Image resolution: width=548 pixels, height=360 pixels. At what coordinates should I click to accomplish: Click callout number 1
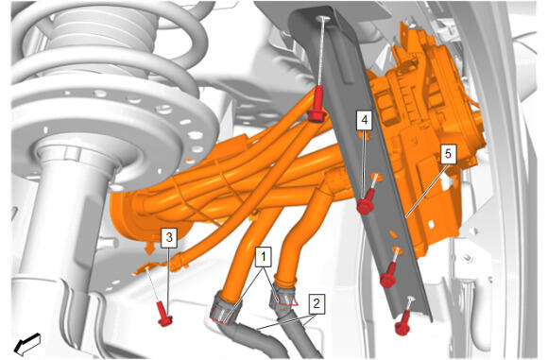click(x=264, y=257)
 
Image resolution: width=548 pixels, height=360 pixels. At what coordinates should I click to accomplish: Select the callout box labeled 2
click(x=317, y=303)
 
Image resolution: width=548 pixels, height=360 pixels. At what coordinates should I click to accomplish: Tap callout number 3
click(x=169, y=238)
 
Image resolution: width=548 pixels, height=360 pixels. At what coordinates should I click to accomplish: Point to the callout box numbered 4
click(x=365, y=120)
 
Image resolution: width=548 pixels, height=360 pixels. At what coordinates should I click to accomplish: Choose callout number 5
click(x=448, y=154)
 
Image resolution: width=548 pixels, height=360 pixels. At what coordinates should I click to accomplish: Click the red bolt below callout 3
click(x=163, y=314)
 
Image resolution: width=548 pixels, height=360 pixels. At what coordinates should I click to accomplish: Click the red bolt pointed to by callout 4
click(x=366, y=203)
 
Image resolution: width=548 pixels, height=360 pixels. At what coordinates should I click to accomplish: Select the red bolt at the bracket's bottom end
click(x=403, y=324)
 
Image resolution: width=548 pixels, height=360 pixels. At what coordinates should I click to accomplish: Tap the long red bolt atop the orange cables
click(x=317, y=105)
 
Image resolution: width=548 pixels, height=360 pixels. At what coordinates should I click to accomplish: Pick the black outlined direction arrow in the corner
click(x=27, y=343)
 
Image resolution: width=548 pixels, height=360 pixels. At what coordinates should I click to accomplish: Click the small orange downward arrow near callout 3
click(x=150, y=249)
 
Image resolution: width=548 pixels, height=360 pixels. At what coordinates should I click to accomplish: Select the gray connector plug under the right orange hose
click(x=283, y=297)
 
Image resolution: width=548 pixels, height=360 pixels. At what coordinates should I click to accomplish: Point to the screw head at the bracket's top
click(x=321, y=19)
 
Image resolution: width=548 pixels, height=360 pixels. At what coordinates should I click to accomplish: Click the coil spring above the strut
click(x=105, y=45)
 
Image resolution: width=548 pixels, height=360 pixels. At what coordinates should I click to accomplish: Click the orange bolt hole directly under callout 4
click(x=365, y=135)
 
